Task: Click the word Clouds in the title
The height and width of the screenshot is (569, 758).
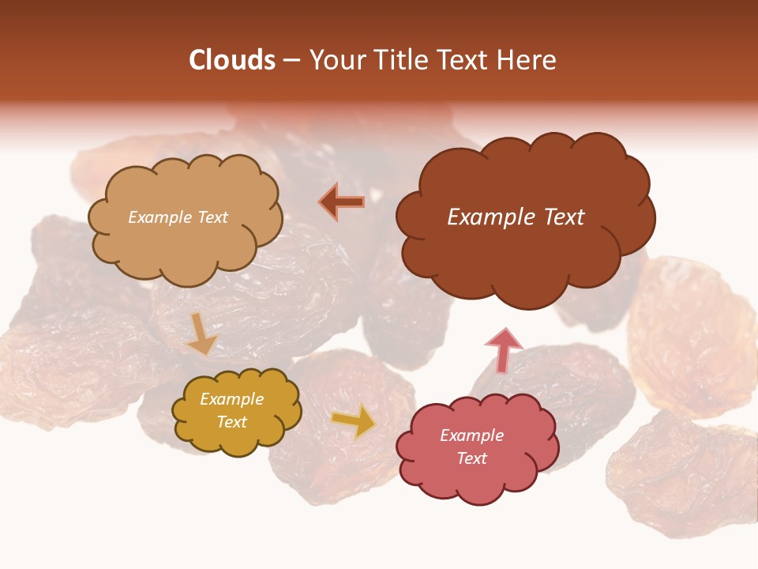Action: (232, 60)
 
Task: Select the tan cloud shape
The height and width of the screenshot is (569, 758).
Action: (185, 245)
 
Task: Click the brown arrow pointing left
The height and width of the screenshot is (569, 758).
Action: (342, 202)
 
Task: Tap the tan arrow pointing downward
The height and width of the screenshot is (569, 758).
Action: (201, 333)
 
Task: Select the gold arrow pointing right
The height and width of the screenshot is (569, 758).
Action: (353, 422)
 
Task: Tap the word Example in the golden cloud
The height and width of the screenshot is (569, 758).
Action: (231, 400)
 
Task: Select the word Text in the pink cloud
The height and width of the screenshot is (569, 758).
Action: (471, 458)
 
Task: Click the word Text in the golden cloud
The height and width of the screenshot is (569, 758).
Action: (231, 422)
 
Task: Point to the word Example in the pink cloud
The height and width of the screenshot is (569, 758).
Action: (471, 435)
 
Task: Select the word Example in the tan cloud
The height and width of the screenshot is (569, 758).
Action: (158, 217)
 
